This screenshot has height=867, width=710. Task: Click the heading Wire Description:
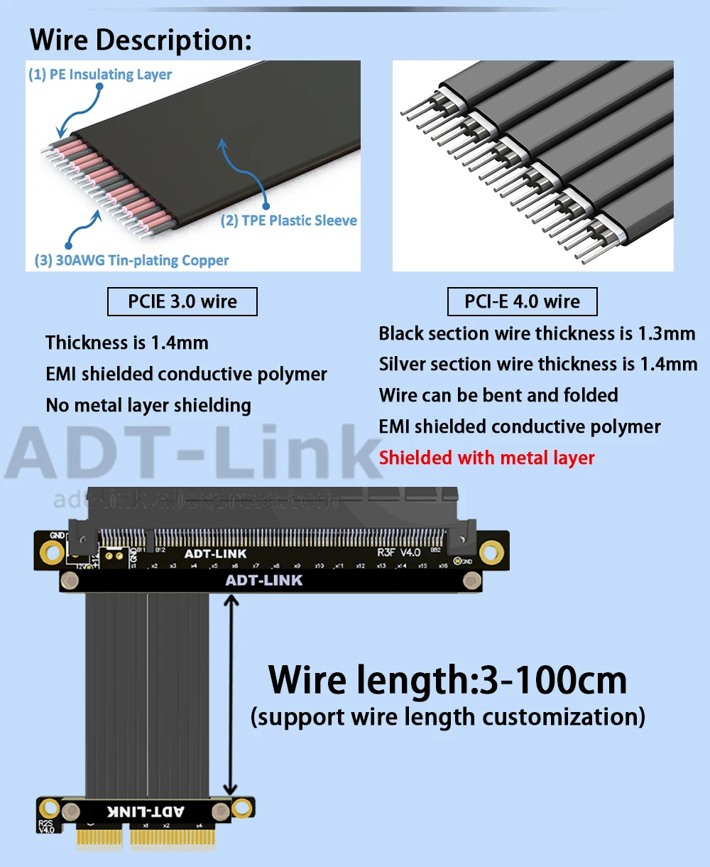141,40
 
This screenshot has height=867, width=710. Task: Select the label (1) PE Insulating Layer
100,75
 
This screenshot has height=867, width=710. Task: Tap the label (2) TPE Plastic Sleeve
289,220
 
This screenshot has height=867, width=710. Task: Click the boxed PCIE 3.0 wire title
182,301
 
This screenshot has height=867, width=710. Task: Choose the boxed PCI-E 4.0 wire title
522,301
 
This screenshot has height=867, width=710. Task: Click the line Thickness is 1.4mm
127,343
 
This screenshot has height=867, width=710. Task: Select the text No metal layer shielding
148,405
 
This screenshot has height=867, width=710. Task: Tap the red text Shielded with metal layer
486,458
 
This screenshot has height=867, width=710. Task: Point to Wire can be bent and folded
498,395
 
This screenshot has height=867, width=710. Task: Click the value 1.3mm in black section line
667,333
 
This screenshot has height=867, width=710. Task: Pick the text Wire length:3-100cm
447,680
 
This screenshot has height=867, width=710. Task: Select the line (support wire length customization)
448,716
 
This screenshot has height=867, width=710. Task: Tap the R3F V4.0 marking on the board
399,552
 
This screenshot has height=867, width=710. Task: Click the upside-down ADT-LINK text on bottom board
146,812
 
